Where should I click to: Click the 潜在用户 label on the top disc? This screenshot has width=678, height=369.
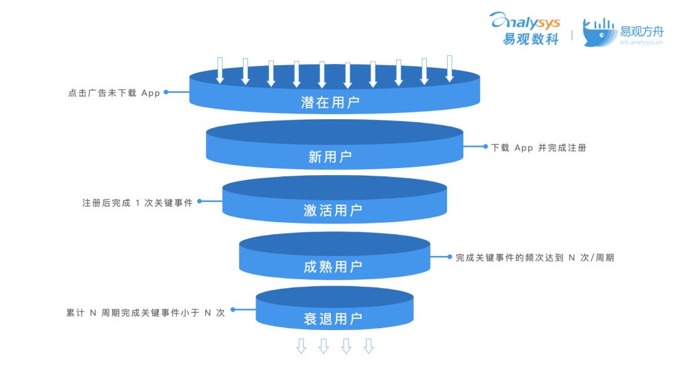coord(330,102)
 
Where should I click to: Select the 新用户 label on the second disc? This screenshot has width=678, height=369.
coord(330,156)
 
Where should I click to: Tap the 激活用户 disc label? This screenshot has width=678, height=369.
coord(333,210)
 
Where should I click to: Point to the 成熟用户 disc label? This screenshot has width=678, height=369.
coord(333,267)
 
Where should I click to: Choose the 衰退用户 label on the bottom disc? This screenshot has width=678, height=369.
coord(333,319)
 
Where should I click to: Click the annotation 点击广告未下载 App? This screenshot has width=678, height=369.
coord(114,93)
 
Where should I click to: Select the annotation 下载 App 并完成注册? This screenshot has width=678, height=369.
coord(539,147)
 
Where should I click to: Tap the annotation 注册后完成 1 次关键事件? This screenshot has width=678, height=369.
coord(137,203)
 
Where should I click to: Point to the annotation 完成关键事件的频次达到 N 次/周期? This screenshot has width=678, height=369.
coord(535,257)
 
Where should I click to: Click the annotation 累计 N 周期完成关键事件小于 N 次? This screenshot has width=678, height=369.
coord(146,313)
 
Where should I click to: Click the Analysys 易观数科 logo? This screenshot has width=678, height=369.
coord(525,28)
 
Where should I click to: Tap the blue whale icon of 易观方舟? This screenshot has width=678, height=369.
coord(599,33)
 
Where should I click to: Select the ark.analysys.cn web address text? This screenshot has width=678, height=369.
coord(641,42)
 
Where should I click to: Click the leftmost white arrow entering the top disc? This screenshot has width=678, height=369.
coord(220,70)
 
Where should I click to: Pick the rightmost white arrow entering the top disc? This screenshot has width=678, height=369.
coord(449,68)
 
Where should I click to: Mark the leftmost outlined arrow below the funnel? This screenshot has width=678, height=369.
coord(301,346)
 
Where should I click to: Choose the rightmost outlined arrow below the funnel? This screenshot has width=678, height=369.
coord(369,346)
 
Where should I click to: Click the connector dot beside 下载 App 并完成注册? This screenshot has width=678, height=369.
coord(485,146)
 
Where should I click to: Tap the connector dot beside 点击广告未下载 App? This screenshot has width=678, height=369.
coord(166,92)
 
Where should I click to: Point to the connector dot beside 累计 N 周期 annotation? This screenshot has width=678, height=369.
coord(233,309)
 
